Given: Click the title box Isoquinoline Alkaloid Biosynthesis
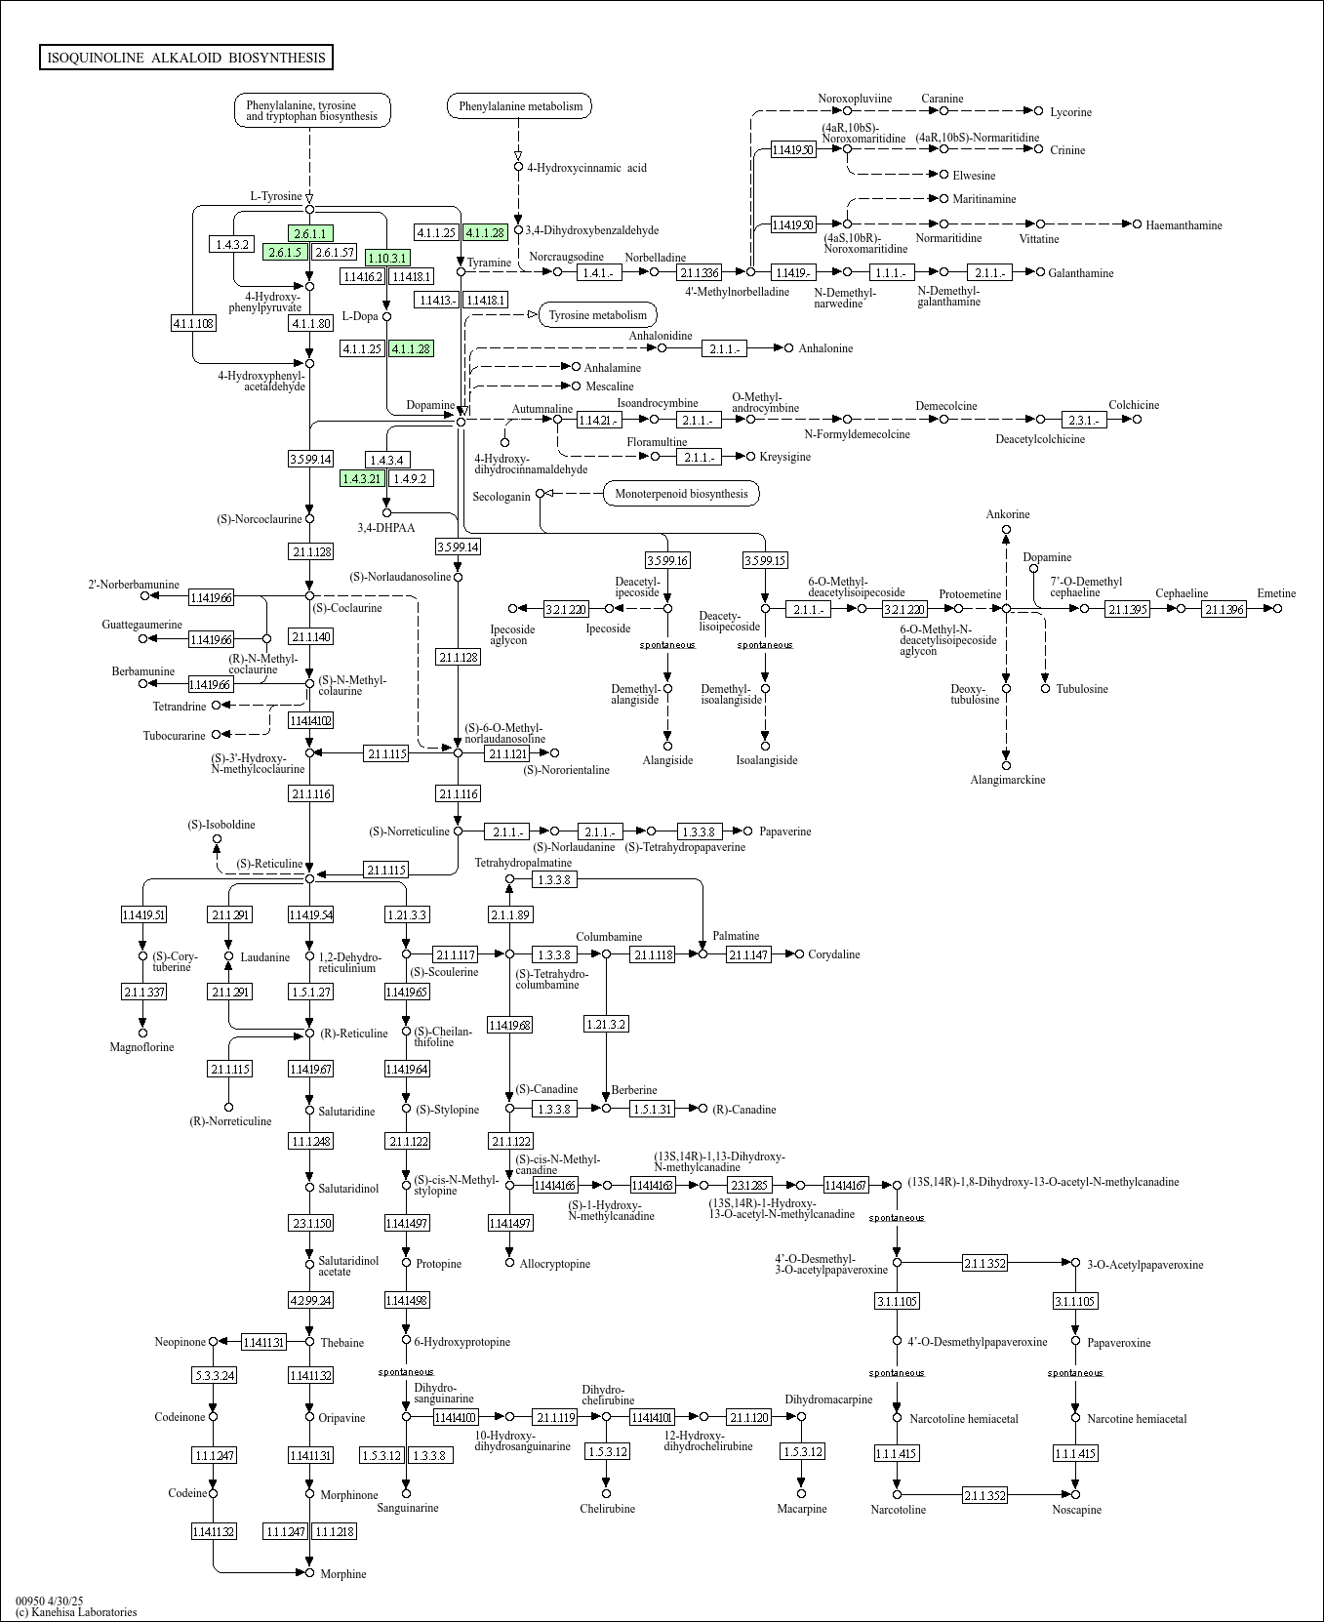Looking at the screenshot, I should (x=186, y=58).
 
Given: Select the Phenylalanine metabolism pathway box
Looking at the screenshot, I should (x=520, y=106).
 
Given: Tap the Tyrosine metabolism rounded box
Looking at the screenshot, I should (x=597, y=314).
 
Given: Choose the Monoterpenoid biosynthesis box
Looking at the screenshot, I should (x=681, y=494).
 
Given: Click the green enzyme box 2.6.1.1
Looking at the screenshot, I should (x=310, y=233).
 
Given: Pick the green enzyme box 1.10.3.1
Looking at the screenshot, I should (x=387, y=258).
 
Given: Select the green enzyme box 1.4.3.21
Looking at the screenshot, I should (x=361, y=478).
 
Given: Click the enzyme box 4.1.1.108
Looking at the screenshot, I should (x=193, y=323).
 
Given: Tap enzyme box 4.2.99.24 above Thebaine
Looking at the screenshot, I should (x=310, y=1300).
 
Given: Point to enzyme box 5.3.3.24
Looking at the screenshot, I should (x=214, y=1375).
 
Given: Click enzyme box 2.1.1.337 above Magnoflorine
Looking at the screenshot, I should (x=143, y=992).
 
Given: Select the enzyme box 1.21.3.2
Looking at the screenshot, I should (x=606, y=1024).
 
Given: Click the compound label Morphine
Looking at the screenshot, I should (x=343, y=1574).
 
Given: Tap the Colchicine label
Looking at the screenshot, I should (x=1134, y=405).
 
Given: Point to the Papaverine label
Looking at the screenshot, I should (x=785, y=831).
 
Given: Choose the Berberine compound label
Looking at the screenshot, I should (x=634, y=1090).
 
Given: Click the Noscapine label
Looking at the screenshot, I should (x=1076, y=1510).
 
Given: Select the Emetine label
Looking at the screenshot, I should (x=1276, y=593).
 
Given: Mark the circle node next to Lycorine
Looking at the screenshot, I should (x=1039, y=111).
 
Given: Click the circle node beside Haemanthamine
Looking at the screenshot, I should (x=1137, y=224).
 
